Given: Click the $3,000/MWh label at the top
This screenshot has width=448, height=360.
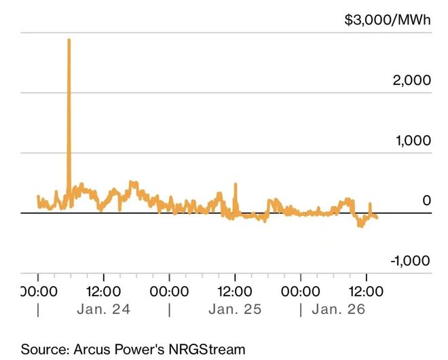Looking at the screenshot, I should (388, 20).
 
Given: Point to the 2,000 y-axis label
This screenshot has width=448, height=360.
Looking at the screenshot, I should (412, 80).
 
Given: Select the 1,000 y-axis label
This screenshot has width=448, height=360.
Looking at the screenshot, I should (412, 141).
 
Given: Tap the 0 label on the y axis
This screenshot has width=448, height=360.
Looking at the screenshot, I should (426, 200).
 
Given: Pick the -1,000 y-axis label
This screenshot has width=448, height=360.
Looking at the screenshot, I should (409, 261).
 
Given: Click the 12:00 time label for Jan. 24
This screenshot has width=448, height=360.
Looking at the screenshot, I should (103, 291).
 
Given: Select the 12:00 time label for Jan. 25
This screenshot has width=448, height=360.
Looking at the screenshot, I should (235, 291).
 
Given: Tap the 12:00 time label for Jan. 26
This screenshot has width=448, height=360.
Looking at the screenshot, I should (367, 291).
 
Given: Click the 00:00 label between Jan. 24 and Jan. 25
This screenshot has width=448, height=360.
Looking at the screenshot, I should (169, 291).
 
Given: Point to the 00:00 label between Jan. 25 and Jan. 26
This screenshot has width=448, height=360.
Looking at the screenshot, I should (301, 291).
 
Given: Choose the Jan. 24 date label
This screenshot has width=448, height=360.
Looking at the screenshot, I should (104, 310).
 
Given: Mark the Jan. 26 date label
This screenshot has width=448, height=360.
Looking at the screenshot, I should (338, 310).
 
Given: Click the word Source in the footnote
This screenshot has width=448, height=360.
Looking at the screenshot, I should (42, 349).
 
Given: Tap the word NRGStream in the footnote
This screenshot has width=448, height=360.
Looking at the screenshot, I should (204, 349).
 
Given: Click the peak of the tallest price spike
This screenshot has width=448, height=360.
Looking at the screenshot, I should (69, 40).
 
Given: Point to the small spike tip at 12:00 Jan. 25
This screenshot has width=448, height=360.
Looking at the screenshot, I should (236, 184).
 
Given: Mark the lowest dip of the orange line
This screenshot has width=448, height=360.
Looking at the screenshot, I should (360, 226).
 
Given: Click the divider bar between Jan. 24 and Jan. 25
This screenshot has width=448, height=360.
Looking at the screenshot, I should (169, 310).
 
